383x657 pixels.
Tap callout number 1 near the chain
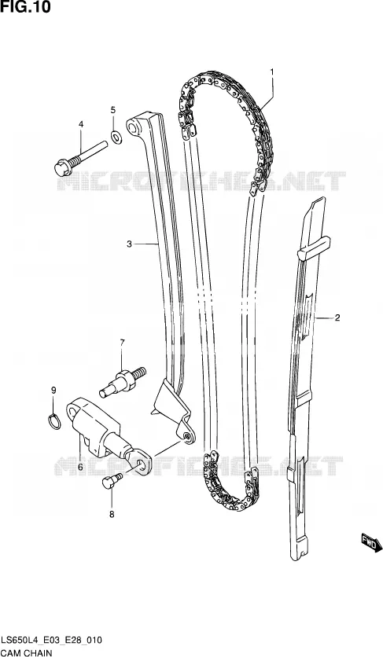(271, 72)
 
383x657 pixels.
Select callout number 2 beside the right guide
(337, 317)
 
